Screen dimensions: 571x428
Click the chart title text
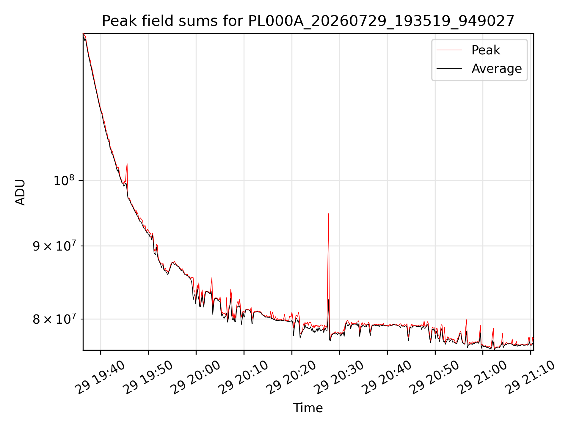pos(308,21)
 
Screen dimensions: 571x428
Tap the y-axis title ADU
pos(20,192)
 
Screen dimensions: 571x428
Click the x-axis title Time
pos(308,408)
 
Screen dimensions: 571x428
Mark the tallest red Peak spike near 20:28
pos(328,213)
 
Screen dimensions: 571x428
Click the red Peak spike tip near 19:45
pos(127,164)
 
